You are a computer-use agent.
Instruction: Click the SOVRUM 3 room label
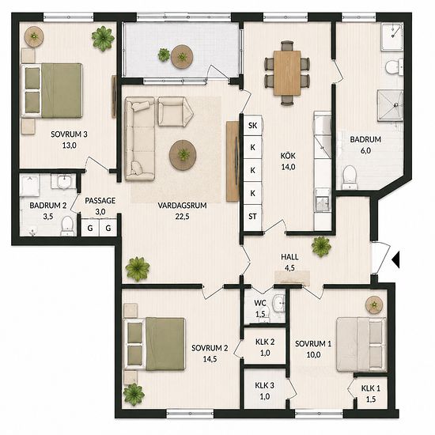pos(69,134)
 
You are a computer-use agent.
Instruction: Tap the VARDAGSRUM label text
pos(182,206)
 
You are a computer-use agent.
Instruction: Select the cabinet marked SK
pos(252,126)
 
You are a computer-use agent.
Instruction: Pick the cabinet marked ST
pos(252,217)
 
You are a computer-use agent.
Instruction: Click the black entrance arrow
pos(396,259)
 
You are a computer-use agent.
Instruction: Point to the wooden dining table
pos(287,73)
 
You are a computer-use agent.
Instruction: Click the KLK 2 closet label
pos(265,342)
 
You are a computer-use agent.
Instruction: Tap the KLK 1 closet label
pos(371,388)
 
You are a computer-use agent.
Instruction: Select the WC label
pos(260,303)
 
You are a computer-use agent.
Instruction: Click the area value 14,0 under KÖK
pos(288,167)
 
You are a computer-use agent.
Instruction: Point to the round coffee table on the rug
pos(183,155)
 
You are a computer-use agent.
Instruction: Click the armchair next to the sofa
pos(175,112)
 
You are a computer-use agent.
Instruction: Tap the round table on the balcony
pos(182,57)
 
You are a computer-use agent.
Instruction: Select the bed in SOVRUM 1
pos(361,345)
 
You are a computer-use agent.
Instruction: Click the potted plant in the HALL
pos(322,246)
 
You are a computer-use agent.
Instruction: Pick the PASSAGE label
pos(100,201)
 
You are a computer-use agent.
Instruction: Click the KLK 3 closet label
pos(265,386)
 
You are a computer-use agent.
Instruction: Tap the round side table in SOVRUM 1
pos(374,304)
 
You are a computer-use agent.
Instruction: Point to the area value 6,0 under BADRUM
pos(365,150)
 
